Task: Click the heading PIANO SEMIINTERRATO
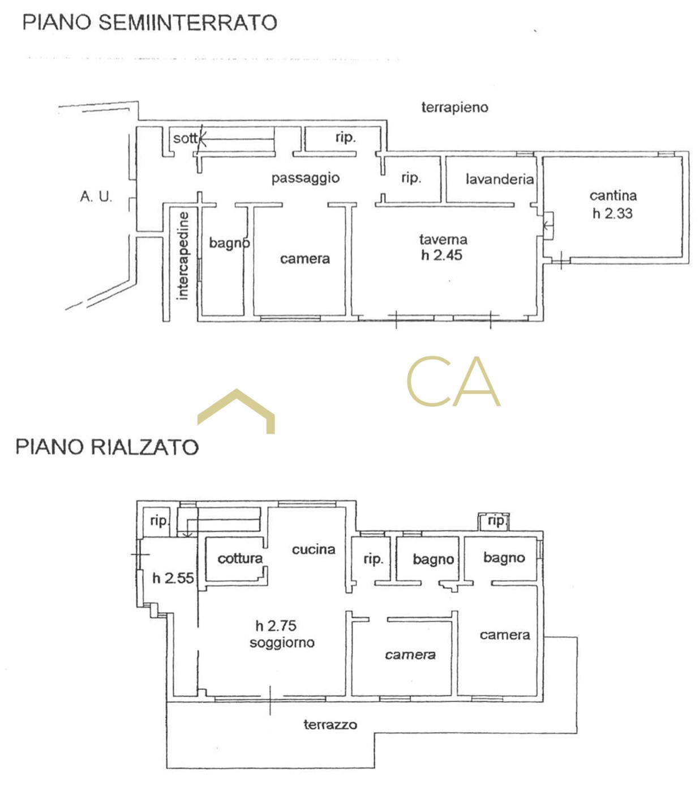tap(149, 22)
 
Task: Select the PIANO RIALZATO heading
tap(107, 447)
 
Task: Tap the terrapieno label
tap(454, 108)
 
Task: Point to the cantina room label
tap(613, 195)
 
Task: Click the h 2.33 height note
tap(612, 213)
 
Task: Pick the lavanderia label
tap(500, 179)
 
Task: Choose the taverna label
tap(443, 240)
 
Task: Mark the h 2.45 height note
tap(441, 255)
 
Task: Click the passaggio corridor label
tap(306, 178)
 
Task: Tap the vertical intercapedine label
tap(182, 256)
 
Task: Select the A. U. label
tap(96, 197)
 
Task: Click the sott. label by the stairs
tap(186, 138)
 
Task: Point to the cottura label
tap(240, 558)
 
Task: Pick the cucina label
tap(314, 550)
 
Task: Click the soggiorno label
tap(282, 643)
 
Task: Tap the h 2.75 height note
tap(276, 626)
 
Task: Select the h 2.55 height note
tap(173, 578)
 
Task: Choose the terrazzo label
tap(330, 725)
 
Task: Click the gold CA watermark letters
tap(453, 381)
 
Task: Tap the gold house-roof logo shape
tap(236, 411)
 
